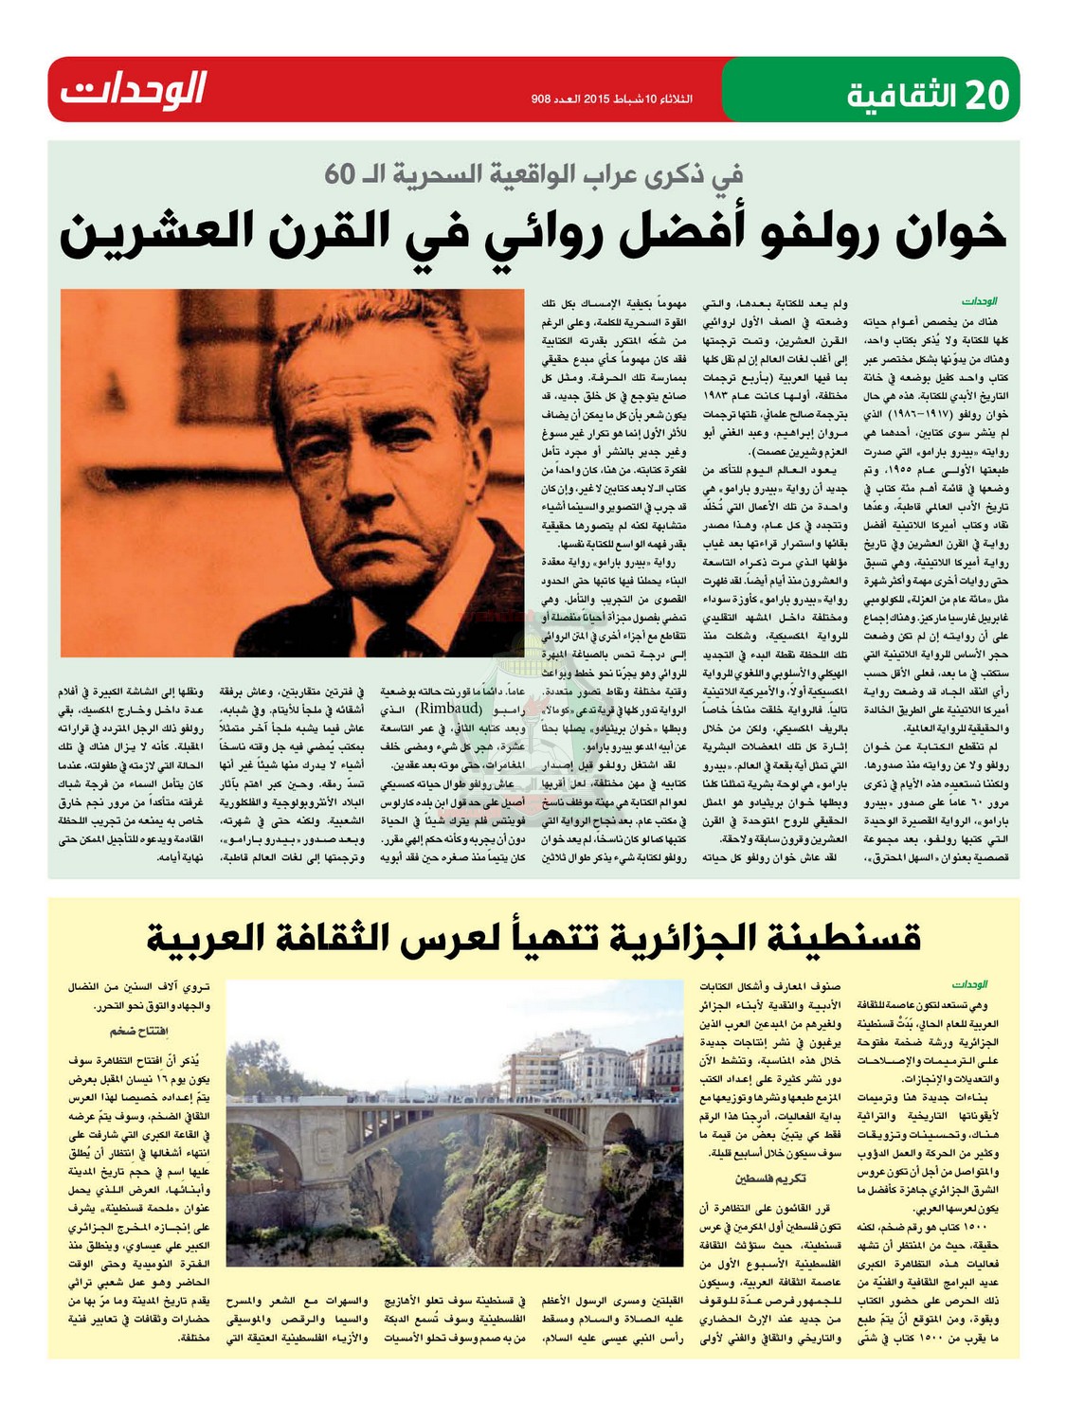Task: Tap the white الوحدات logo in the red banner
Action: click(134, 90)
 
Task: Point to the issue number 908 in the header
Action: click(542, 99)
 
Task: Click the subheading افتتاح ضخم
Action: click(136, 1031)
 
